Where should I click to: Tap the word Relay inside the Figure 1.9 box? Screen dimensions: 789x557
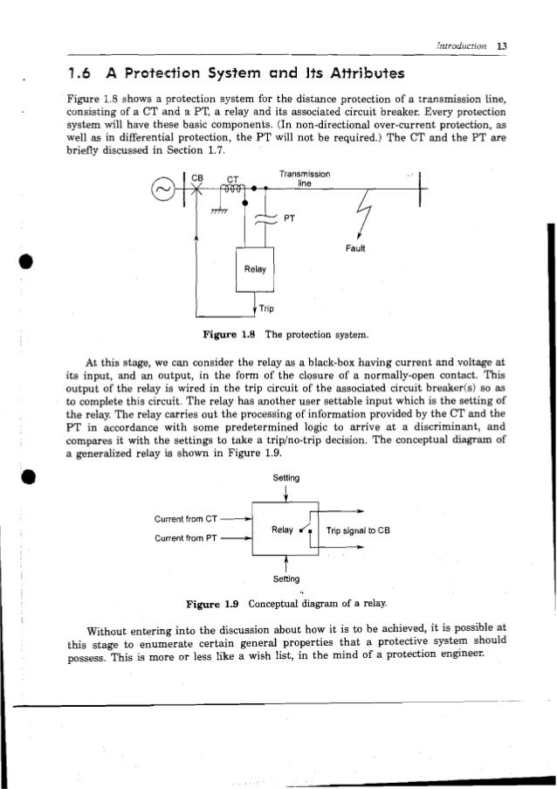tap(282, 529)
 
